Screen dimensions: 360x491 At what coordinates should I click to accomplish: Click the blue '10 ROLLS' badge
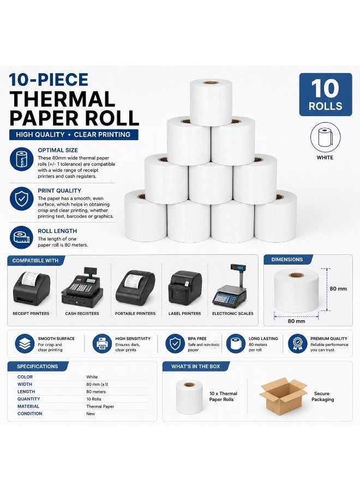(326, 94)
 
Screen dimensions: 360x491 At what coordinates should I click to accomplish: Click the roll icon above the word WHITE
(325, 137)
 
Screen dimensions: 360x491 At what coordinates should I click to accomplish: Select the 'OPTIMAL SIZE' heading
(58, 151)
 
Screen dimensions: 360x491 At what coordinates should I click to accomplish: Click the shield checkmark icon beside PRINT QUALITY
(22, 199)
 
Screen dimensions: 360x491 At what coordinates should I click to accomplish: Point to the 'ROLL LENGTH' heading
(57, 231)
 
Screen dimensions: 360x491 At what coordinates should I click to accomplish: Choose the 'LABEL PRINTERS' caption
(185, 314)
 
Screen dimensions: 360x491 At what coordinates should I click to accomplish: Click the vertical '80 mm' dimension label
(338, 289)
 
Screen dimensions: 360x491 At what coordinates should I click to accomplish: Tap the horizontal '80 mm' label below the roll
(296, 321)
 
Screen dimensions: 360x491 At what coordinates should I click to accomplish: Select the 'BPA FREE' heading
(197, 338)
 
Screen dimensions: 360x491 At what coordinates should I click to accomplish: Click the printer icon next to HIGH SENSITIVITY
(102, 344)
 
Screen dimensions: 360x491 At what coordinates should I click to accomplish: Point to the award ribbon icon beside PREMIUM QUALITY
(297, 344)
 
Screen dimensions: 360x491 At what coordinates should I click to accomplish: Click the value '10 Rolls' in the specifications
(94, 399)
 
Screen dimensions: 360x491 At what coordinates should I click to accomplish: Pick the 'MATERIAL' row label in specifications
(28, 406)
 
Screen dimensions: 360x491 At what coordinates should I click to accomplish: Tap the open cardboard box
(283, 397)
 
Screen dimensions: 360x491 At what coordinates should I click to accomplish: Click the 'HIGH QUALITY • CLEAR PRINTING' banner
(74, 135)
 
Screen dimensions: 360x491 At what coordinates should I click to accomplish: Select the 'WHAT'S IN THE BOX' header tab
(196, 367)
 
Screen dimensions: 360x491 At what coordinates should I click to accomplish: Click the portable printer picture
(135, 288)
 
